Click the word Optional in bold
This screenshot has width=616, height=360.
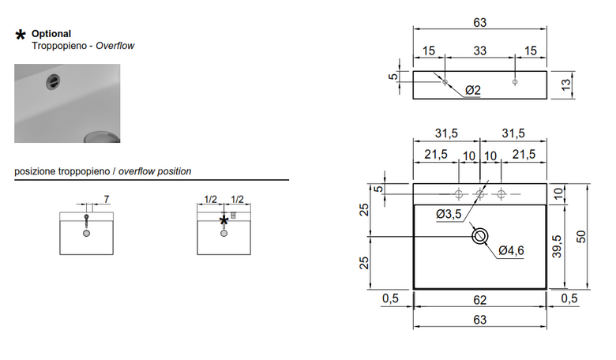point(51,34)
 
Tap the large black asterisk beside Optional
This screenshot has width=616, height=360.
point(21,35)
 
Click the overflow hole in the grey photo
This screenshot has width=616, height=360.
point(53,81)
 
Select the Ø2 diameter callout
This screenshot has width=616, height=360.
point(473,90)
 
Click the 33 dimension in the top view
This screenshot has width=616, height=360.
point(479,51)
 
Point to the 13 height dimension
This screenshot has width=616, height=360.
point(566,84)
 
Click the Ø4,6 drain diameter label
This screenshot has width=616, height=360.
point(511,250)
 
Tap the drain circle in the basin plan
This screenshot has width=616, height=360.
point(479,236)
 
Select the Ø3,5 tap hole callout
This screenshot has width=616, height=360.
point(449,215)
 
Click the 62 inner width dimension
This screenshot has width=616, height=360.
point(479,300)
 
